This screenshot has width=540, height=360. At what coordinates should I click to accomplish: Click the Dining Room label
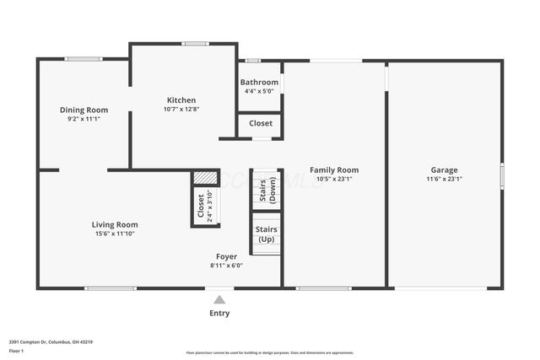pos(84,110)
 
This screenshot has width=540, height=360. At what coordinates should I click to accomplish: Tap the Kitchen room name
pos(181,99)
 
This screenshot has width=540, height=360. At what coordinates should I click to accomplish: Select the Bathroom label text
pos(259,83)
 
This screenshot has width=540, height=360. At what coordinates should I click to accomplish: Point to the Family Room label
pos(333,169)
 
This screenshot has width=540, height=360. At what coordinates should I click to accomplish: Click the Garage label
pos(444,169)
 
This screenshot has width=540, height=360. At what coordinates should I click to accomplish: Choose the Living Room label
pos(115,224)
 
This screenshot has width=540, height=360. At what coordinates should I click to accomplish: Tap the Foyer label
pos(226,256)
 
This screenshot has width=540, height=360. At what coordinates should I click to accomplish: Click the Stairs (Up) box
pos(267,234)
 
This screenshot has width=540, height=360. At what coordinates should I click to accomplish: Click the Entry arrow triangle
pos(219,299)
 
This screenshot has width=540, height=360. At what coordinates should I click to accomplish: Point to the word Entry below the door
pos(219,314)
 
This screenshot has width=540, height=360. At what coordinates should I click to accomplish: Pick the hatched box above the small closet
pos(205,178)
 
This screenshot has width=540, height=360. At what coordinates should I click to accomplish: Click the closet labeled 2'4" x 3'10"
pos(205,206)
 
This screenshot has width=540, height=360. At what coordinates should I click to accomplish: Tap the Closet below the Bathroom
pos(261,123)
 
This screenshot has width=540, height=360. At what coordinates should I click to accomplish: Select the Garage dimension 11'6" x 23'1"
pos(444,179)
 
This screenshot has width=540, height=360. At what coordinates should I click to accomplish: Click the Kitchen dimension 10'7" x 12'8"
pos(181,109)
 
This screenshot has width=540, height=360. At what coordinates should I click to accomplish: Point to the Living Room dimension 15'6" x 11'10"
pos(115,234)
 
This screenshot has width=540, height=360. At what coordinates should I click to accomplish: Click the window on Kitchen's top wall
pos(196,44)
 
